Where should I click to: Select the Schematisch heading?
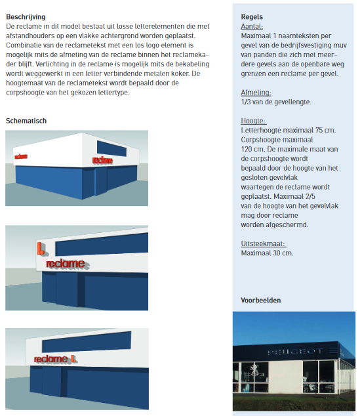(26, 121)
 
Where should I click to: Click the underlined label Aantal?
(252, 26)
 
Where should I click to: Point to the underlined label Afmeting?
(256, 93)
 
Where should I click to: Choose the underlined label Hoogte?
(254, 121)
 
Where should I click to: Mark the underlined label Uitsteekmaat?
(263, 243)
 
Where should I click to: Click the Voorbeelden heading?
(261, 301)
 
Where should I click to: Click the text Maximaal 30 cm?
(267, 253)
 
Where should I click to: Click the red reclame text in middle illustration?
(65, 264)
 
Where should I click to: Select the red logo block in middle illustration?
(41, 250)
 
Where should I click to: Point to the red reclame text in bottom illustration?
(50, 359)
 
